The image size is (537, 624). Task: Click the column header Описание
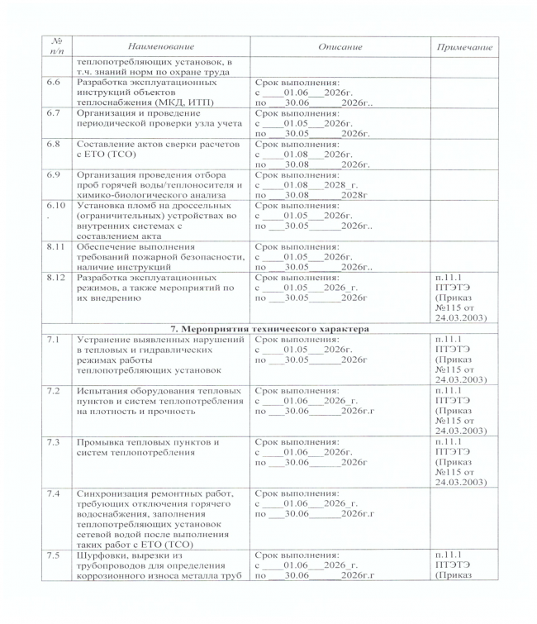(330, 48)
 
